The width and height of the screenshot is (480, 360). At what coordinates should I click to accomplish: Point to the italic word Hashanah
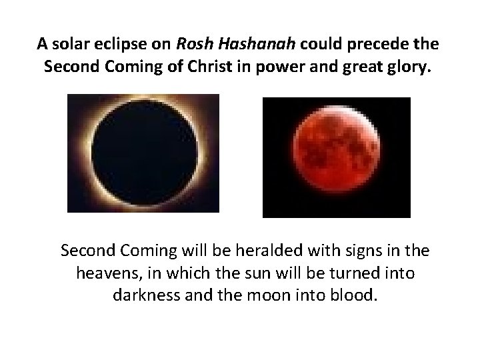(x=245, y=44)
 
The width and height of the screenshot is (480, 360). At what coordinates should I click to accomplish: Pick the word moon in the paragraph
(x=269, y=295)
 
